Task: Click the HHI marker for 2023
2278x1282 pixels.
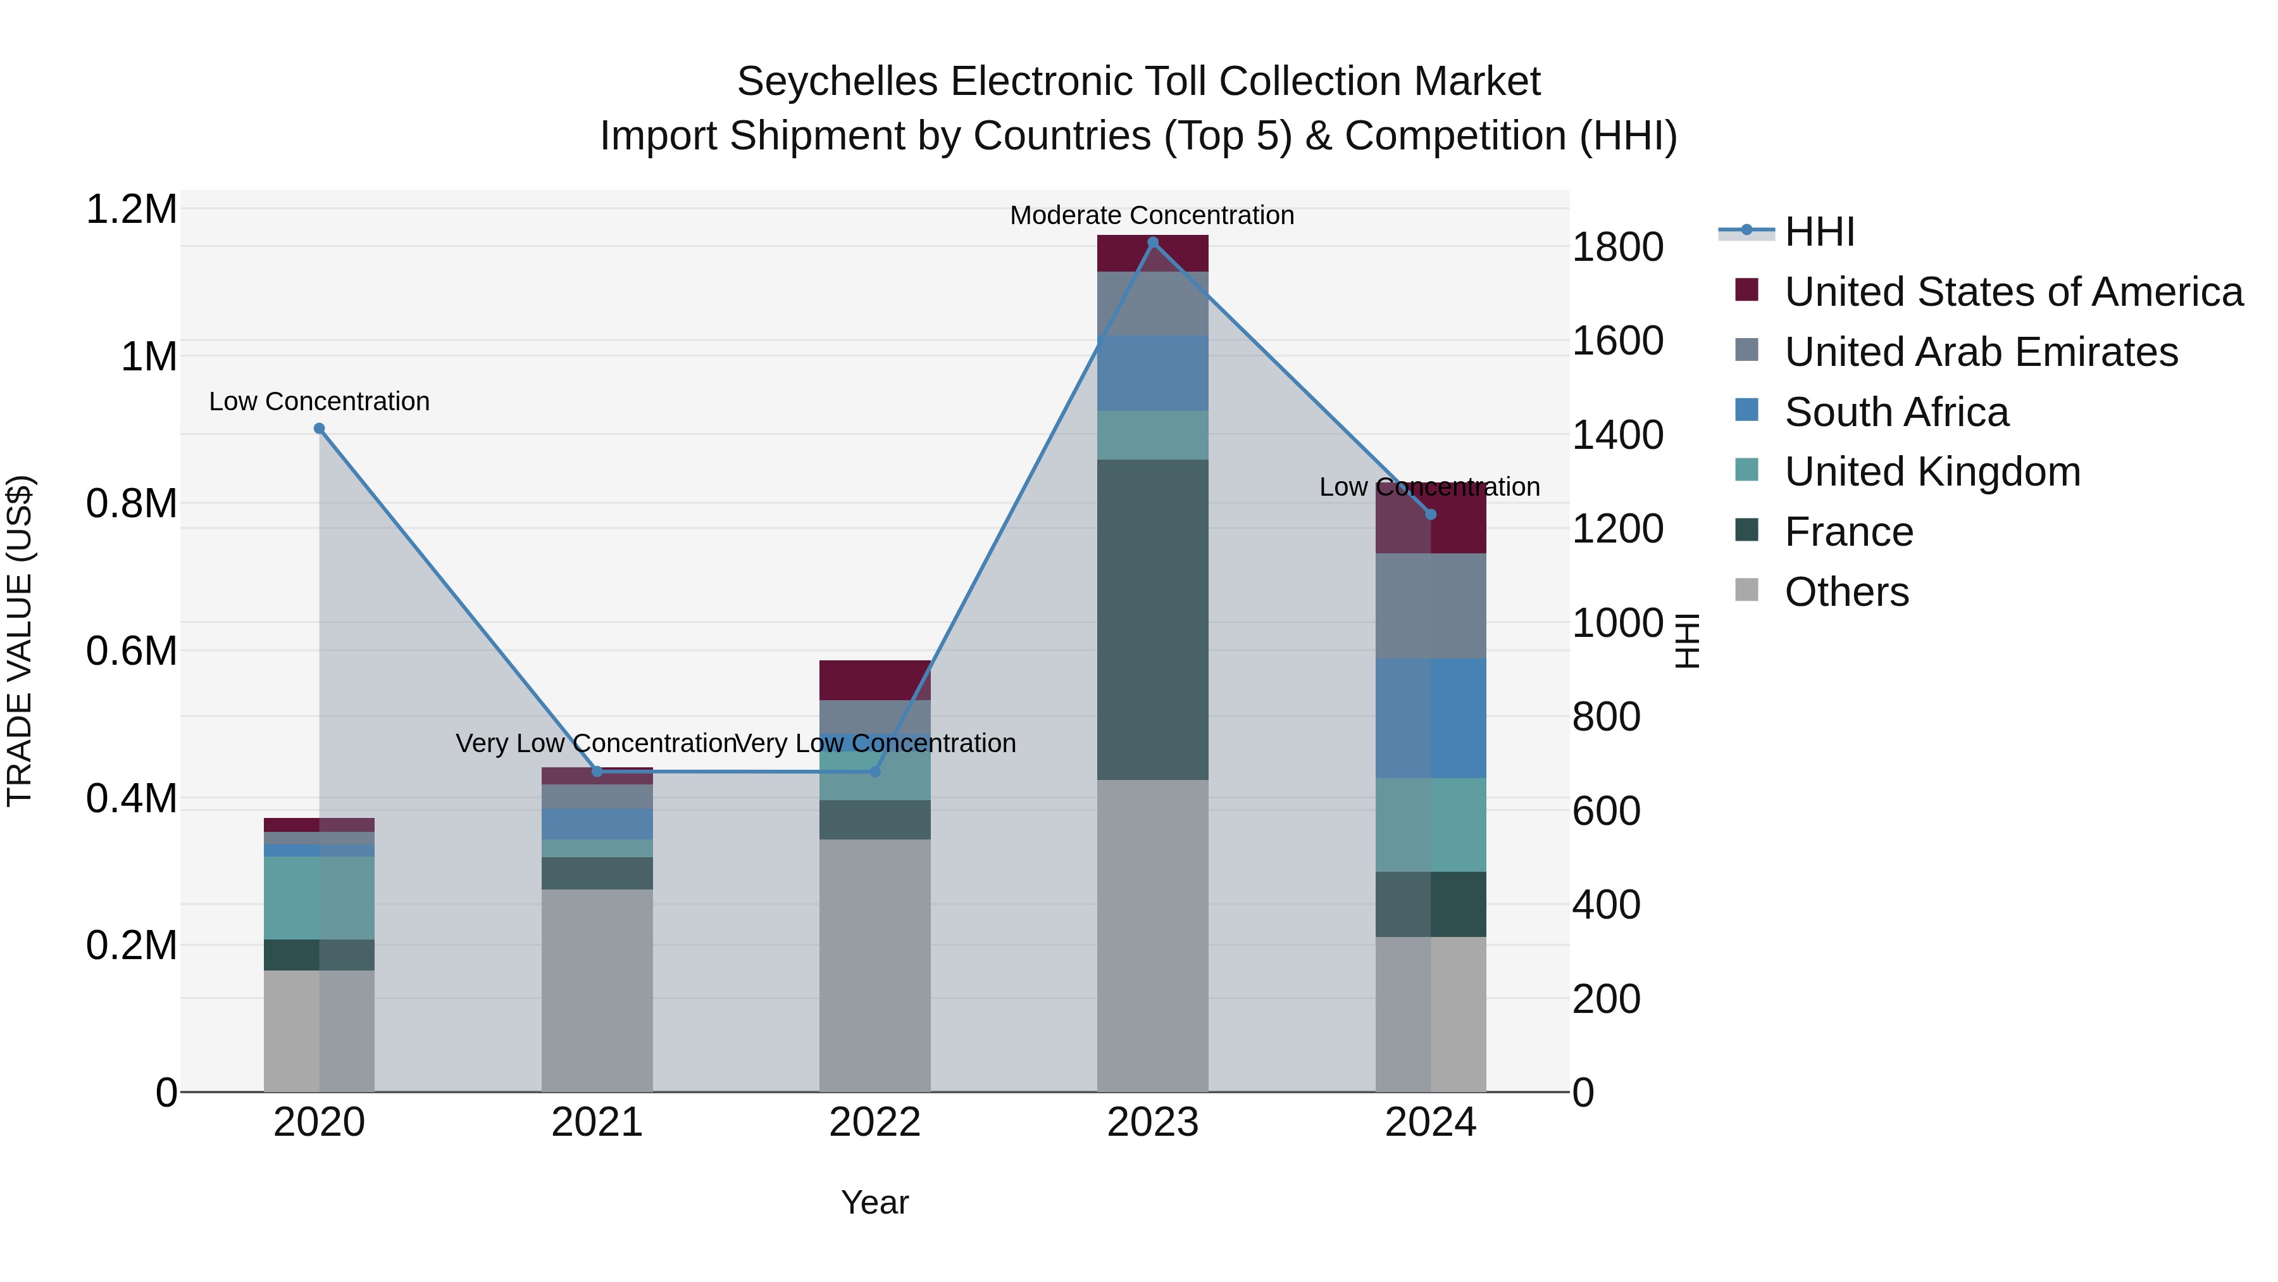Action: (x=1152, y=242)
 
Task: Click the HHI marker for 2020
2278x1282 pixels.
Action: (x=320, y=428)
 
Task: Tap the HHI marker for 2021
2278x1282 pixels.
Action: (x=597, y=772)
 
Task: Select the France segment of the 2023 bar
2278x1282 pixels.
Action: (x=1152, y=619)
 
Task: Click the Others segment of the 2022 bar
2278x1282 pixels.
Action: (x=874, y=964)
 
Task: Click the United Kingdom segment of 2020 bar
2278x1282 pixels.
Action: (x=320, y=897)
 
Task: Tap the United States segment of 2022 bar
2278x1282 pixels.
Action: (x=874, y=679)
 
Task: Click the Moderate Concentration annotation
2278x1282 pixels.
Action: (x=1152, y=215)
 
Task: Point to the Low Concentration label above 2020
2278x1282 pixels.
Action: (x=320, y=401)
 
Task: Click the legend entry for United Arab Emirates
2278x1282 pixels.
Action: (x=1981, y=351)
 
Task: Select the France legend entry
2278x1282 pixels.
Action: (x=1848, y=532)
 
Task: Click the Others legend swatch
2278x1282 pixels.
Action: (x=1746, y=590)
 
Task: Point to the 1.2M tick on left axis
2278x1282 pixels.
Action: (x=131, y=210)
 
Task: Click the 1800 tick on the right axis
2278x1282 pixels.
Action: (x=1617, y=247)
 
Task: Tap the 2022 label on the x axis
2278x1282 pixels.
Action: (x=874, y=1122)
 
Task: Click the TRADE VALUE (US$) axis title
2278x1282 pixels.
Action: (x=20, y=641)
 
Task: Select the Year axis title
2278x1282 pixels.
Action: (x=874, y=1202)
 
